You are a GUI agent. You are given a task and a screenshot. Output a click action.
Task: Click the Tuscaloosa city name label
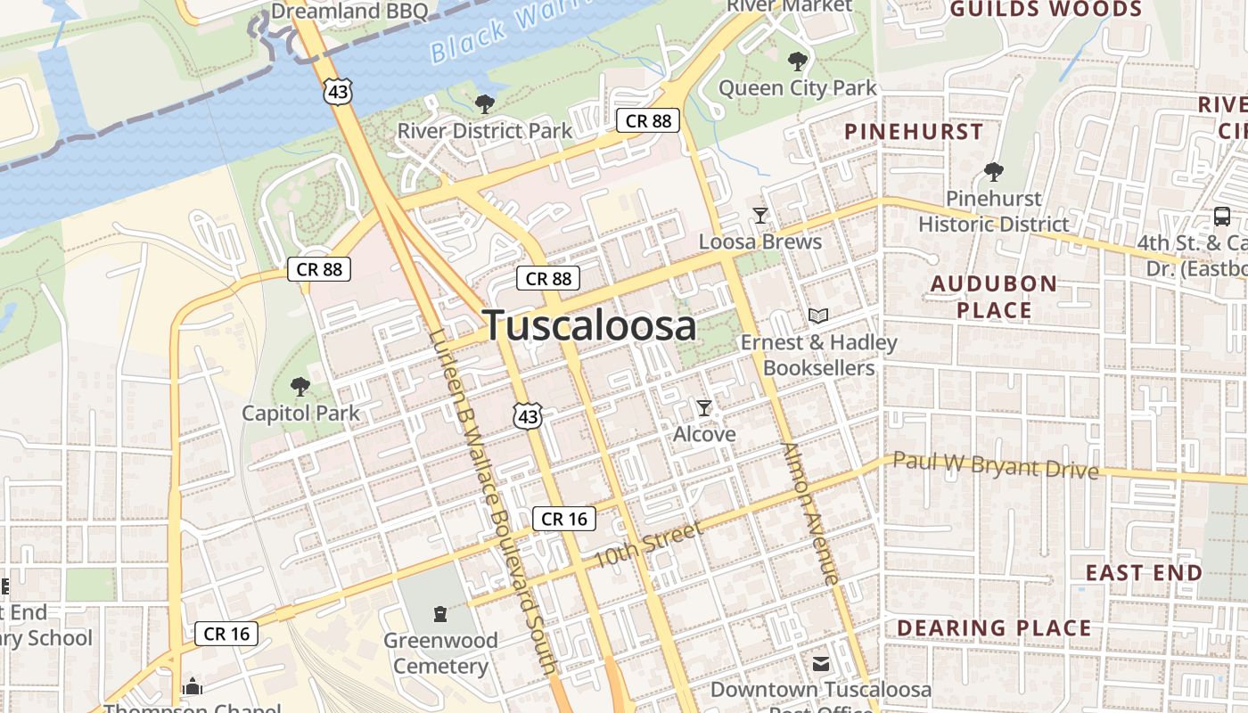pyautogui.click(x=589, y=325)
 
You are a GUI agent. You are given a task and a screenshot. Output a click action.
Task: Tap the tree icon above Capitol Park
pyautogui.click(x=300, y=387)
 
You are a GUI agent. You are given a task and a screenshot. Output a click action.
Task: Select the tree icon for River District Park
pyautogui.click(x=485, y=104)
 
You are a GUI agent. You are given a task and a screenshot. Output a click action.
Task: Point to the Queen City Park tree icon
pyautogui.click(x=797, y=61)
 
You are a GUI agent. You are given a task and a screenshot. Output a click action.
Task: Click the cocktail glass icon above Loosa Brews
pyautogui.click(x=759, y=215)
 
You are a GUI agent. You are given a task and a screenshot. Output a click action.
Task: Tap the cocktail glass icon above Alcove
pyautogui.click(x=704, y=408)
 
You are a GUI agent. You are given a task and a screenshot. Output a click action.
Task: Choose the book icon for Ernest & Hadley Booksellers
pyautogui.click(x=817, y=316)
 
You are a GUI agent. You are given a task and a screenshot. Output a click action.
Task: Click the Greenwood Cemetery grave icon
pyautogui.click(x=439, y=613)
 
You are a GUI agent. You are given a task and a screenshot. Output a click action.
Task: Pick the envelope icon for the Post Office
pyautogui.click(x=820, y=664)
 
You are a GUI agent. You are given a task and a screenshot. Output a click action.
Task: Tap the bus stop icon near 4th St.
pyautogui.click(x=1221, y=216)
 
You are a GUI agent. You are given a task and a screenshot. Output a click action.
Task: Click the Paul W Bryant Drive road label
pyautogui.click(x=995, y=465)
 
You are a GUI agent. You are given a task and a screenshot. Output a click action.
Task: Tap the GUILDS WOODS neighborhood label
pyautogui.click(x=1045, y=10)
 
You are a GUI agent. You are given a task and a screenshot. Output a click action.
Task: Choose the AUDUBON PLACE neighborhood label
pyautogui.click(x=994, y=297)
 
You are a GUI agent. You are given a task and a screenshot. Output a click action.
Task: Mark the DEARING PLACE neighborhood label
pyautogui.click(x=994, y=628)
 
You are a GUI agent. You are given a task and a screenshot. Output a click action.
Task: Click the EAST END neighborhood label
pyautogui.click(x=1144, y=572)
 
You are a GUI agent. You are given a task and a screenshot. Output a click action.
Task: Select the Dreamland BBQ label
pyautogui.click(x=349, y=12)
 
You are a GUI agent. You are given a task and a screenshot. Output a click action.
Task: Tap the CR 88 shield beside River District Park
pyautogui.click(x=648, y=120)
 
